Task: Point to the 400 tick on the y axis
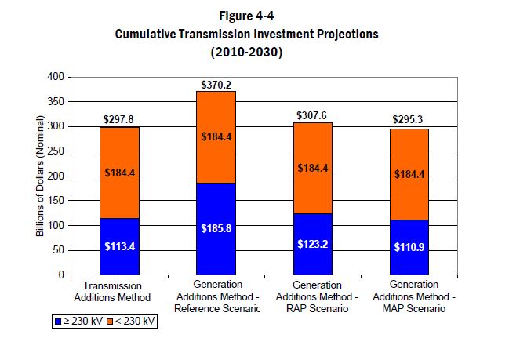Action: tap(55, 77)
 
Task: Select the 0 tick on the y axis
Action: tap(60, 275)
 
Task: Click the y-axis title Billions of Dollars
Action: tap(39, 176)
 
